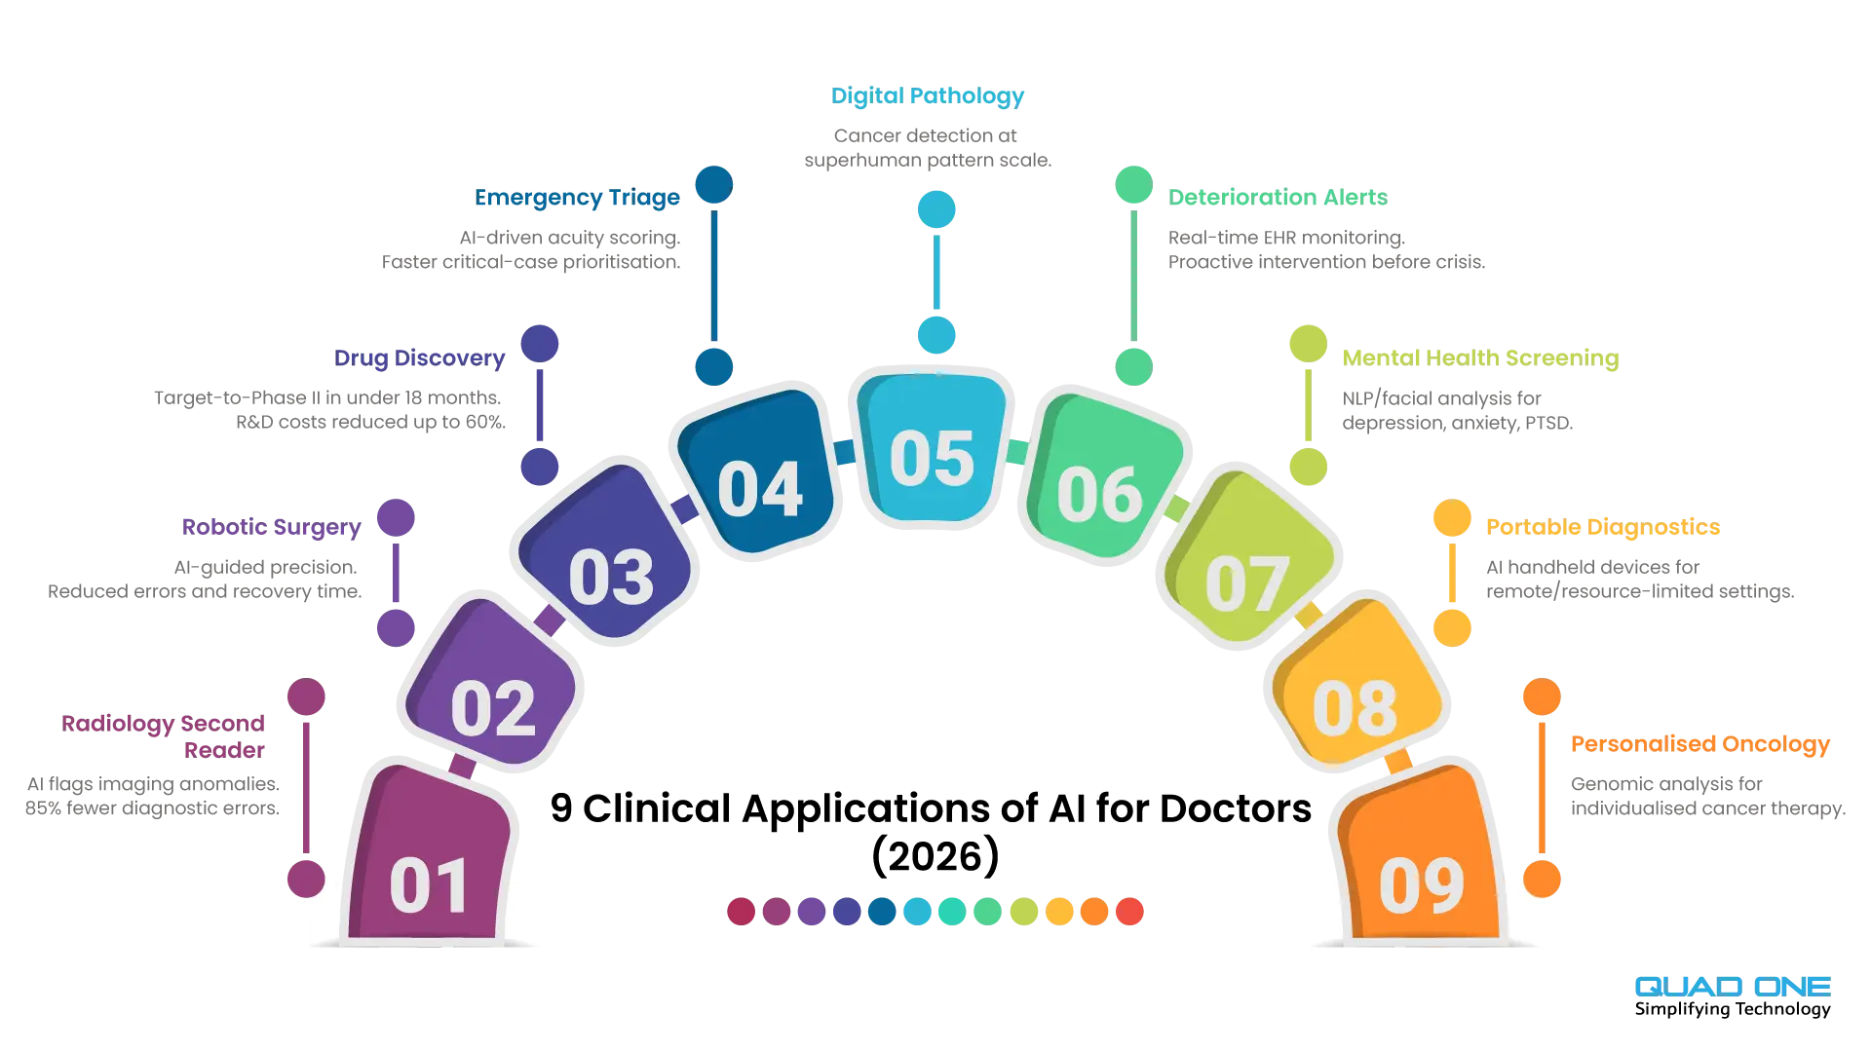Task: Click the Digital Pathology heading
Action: click(x=927, y=96)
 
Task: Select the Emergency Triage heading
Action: click(x=577, y=198)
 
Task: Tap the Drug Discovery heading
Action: click(x=419, y=358)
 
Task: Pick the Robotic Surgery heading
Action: click(x=271, y=528)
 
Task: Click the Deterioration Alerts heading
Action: click(x=1278, y=198)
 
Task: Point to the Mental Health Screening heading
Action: click(x=1480, y=358)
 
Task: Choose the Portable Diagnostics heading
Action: click(x=1603, y=528)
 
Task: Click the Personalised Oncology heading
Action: click(x=1700, y=745)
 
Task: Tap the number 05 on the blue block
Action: click(x=932, y=459)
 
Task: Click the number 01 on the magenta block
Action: click(x=429, y=886)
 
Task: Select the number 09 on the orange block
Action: click(x=1422, y=886)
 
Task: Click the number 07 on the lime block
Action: click(x=1247, y=584)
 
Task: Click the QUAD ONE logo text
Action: click(x=1733, y=987)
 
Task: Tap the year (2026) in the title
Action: click(x=935, y=857)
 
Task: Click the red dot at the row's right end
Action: click(x=1129, y=912)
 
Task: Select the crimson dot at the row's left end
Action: click(x=742, y=912)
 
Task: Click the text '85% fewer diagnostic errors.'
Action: click(x=152, y=808)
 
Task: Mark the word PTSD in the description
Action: click(x=1548, y=423)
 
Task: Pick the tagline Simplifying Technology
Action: click(x=1733, y=1010)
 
